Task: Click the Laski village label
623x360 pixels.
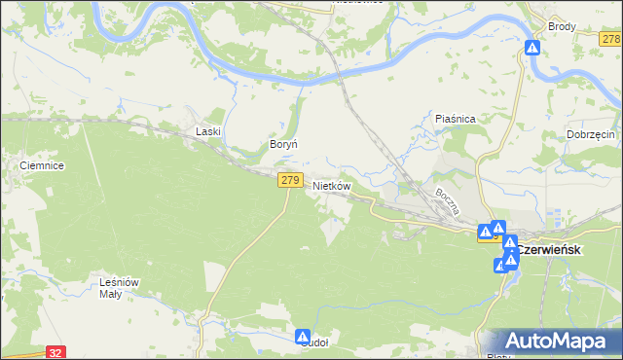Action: (x=209, y=131)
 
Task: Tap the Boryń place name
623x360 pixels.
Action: (x=282, y=144)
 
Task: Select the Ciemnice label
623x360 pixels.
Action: (x=42, y=166)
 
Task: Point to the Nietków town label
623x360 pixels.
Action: (x=331, y=185)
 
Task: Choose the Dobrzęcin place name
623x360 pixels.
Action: (x=590, y=134)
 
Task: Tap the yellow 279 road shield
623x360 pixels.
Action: (x=289, y=180)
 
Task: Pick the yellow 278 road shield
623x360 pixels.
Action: (x=610, y=39)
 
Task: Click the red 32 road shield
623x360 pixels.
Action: (x=55, y=353)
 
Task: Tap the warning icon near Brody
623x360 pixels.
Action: (x=532, y=47)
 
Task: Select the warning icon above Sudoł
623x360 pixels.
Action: (x=303, y=335)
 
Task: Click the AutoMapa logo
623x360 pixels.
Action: (x=553, y=341)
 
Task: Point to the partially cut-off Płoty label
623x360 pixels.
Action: (x=498, y=356)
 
